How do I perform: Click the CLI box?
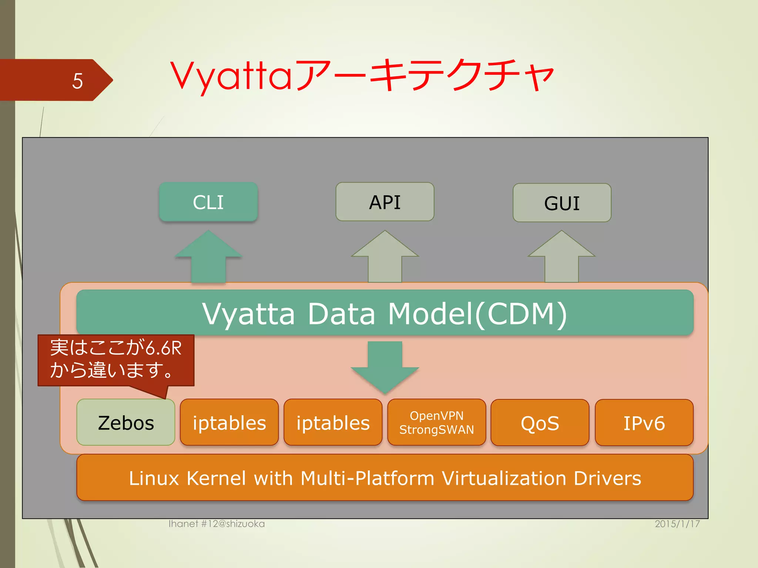click(x=208, y=202)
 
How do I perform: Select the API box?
click(x=385, y=202)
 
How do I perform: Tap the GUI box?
click(x=562, y=203)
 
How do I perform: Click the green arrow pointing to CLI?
click(x=208, y=259)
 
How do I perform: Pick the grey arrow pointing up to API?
click(x=385, y=259)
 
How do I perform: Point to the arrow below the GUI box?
click(x=561, y=259)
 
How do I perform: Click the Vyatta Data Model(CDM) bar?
click(x=385, y=313)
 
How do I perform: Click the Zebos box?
click(x=126, y=423)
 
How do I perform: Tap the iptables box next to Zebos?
click(x=229, y=423)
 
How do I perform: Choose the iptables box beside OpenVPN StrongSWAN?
click(x=333, y=423)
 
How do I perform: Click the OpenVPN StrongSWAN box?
click(x=437, y=423)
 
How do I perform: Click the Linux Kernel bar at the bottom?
click(x=385, y=478)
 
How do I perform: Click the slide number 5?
click(x=77, y=81)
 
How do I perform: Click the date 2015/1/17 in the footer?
click(x=677, y=524)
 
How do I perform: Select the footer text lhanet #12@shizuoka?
click(x=217, y=524)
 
